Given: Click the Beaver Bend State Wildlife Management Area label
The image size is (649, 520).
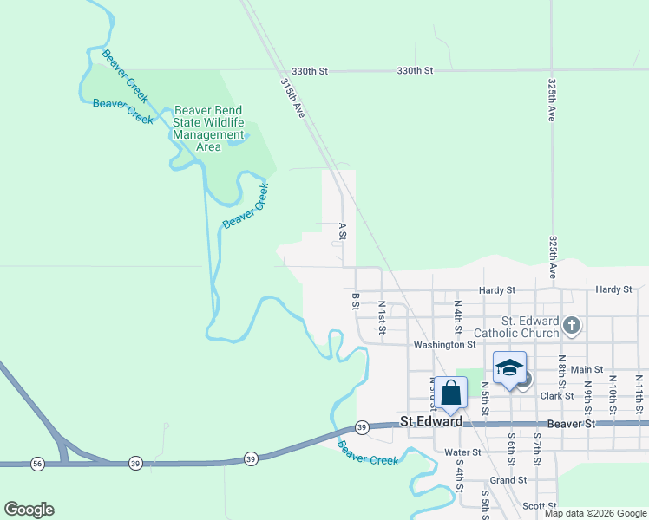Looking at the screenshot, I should (x=209, y=128).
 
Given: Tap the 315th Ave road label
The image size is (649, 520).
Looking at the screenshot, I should (x=292, y=100).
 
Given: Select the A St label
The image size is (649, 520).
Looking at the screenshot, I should (x=342, y=232).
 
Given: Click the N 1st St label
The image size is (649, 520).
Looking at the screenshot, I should (x=381, y=317).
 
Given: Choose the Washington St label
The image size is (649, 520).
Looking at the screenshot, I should (x=445, y=344).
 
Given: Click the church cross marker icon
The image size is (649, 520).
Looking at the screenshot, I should (x=571, y=326).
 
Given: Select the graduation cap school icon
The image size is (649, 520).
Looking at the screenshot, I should (x=509, y=368).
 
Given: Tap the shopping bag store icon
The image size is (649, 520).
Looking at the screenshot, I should (x=451, y=393).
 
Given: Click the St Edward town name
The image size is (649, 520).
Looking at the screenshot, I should (x=430, y=422).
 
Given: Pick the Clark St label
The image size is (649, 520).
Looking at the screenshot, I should (x=557, y=396).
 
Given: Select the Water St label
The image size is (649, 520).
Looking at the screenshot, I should (x=462, y=452).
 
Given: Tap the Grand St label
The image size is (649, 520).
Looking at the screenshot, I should (x=508, y=479).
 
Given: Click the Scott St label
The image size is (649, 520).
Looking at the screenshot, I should (x=539, y=506).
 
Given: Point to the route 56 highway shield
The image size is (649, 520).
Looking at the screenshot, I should (x=36, y=465).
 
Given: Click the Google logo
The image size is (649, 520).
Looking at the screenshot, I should (x=29, y=510).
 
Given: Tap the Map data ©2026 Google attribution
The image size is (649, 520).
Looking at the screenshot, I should (x=594, y=513).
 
